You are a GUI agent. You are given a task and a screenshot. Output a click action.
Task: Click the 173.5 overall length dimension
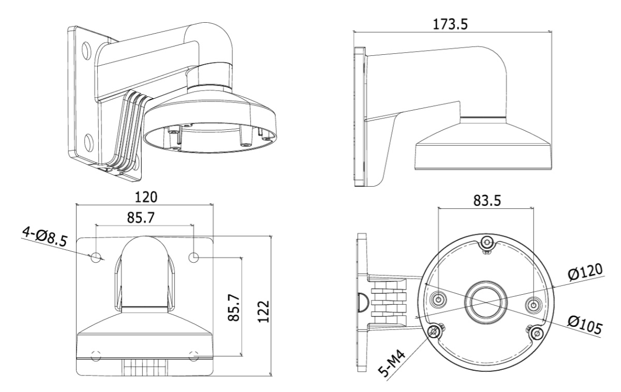tap(450, 24)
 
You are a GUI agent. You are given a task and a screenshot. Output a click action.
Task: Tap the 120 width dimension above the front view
tap(146, 197)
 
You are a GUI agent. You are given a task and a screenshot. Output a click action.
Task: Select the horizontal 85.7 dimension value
tap(141, 218)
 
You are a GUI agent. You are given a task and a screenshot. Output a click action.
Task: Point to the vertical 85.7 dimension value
tap(233, 308)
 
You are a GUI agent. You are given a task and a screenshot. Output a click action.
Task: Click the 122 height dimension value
tap(263, 311)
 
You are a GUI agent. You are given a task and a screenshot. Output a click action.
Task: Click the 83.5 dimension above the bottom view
tap(487, 201)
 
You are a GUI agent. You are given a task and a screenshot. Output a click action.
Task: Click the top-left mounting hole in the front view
tap(96, 258)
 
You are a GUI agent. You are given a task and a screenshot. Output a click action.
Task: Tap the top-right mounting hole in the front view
tap(194, 258)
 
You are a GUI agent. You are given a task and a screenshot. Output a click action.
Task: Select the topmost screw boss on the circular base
tap(487, 243)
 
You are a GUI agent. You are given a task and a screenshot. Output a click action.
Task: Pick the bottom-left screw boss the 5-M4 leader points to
tap(434, 331)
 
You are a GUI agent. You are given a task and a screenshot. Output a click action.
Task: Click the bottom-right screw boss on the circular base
tap(537, 333)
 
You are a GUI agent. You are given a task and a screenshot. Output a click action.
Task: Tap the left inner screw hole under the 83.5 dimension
tap(439, 299)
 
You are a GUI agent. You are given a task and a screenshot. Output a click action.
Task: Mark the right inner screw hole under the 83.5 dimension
tap(533, 305)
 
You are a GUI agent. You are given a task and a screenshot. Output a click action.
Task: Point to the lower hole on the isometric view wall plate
tap(89, 143)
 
